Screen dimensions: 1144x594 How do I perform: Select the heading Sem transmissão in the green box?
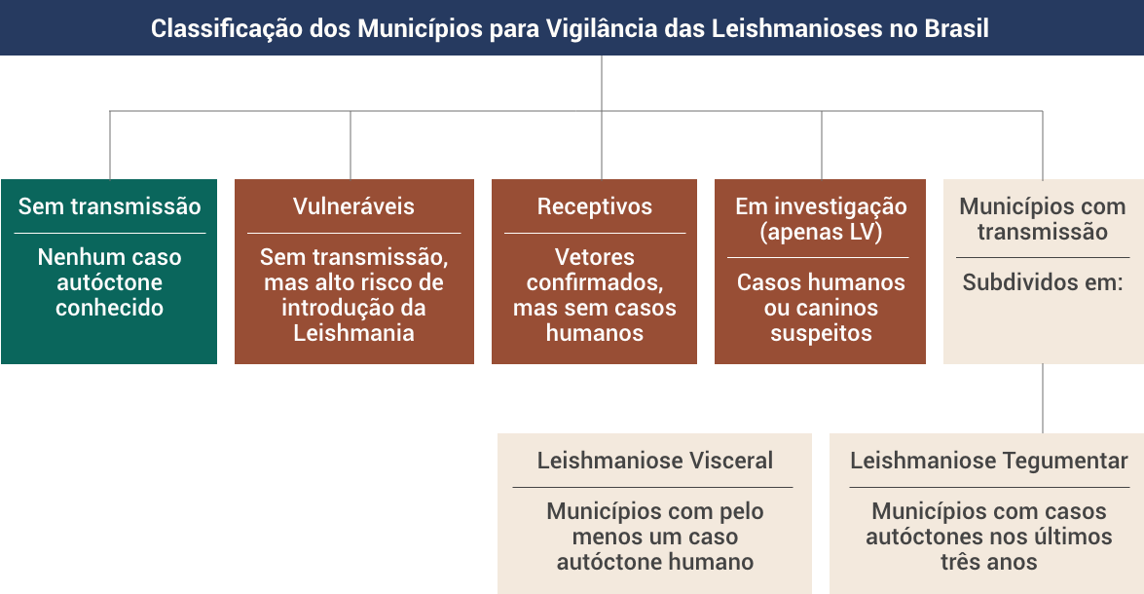point(109,206)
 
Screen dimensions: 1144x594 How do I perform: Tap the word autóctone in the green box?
point(109,282)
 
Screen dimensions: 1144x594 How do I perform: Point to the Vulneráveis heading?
point(353,206)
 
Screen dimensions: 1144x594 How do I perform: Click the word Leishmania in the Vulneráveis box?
point(353,333)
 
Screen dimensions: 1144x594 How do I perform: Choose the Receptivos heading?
point(595,206)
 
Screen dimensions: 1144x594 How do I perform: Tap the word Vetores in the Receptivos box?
point(595,257)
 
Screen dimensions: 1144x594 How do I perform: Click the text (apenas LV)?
point(821,232)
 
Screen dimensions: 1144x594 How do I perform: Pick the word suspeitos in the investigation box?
point(821,333)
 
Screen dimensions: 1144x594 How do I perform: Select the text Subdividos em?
point(1043,282)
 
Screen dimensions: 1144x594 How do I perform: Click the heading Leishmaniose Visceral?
point(655,461)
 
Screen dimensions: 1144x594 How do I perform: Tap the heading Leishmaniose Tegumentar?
point(988,461)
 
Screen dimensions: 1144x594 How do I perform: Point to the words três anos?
point(988,562)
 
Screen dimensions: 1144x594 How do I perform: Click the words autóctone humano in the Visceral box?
point(655,562)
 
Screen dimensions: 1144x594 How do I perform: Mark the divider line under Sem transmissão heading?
point(109,234)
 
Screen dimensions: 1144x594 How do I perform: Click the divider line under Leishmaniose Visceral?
point(652,488)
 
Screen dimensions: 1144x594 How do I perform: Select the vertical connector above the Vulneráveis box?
point(351,145)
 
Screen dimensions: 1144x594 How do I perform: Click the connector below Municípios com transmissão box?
point(1043,398)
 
